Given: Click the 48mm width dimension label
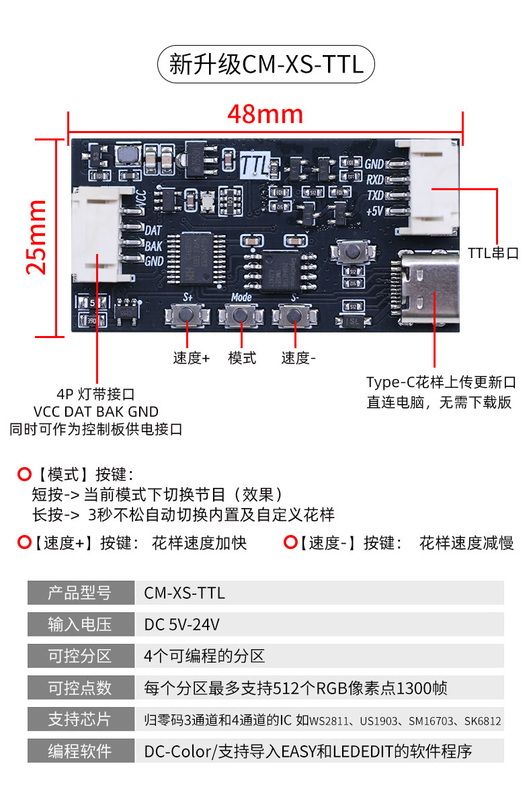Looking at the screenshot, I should tap(265, 114).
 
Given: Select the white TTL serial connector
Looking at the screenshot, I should tap(434, 189).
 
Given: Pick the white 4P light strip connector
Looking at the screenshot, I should tap(98, 235).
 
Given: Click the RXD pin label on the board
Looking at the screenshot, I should tap(374, 179).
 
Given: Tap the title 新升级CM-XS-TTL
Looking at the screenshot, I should tap(265, 65).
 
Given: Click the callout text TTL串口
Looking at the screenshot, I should tap(493, 253).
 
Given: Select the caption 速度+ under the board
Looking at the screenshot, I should tap(191, 358).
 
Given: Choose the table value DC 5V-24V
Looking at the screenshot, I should tap(182, 624).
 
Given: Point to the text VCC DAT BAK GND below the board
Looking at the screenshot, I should tap(95, 411).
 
